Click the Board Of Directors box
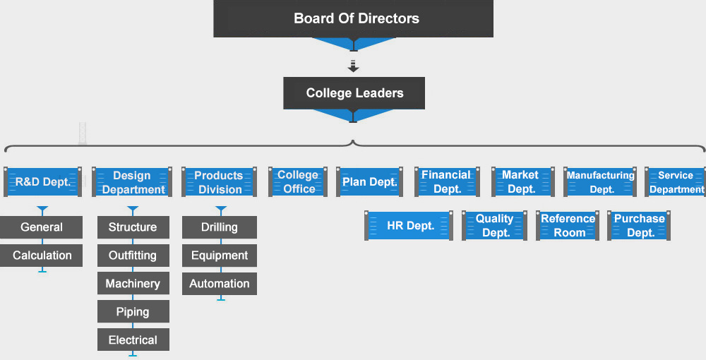(354, 18)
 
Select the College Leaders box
(354, 93)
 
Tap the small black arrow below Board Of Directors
(354, 66)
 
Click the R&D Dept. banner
(43, 182)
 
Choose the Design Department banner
(132, 182)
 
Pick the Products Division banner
(220, 182)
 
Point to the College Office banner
(298, 182)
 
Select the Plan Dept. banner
(370, 182)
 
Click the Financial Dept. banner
(447, 182)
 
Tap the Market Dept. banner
(522, 182)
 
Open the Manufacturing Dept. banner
(600, 182)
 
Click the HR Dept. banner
(409, 225)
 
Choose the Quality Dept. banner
(494, 225)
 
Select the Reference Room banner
(568, 225)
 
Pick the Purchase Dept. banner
(639, 225)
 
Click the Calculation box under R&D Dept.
(42, 256)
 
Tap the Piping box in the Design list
(133, 311)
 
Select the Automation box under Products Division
(220, 284)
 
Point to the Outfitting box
(133, 256)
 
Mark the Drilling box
(220, 227)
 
